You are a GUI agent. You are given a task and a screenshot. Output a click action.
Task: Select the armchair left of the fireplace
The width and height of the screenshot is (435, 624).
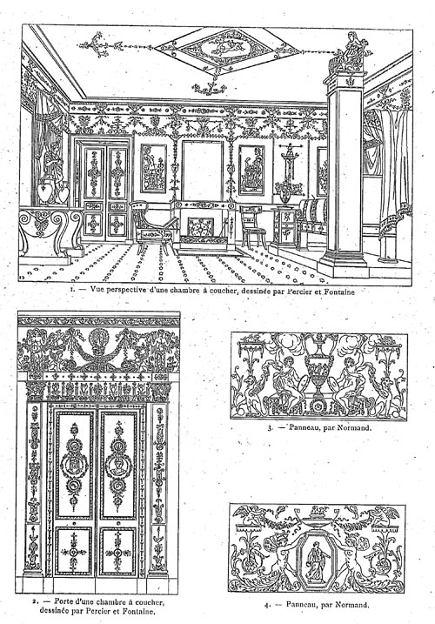[x=151, y=228]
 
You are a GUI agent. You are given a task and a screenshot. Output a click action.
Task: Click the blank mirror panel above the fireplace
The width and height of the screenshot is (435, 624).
[x=203, y=171]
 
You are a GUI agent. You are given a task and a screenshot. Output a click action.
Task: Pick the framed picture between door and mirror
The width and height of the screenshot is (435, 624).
[x=153, y=168]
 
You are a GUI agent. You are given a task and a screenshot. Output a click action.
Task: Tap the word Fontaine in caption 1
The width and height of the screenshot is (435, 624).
[x=339, y=292]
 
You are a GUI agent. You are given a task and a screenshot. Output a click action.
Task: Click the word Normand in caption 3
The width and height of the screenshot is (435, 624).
[x=354, y=428]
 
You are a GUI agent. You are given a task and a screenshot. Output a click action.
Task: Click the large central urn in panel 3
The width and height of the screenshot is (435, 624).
[x=318, y=370]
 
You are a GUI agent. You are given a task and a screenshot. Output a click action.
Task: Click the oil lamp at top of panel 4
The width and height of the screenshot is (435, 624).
[x=317, y=517]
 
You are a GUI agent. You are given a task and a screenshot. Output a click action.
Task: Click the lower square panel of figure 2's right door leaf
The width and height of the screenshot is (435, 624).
[x=117, y=552]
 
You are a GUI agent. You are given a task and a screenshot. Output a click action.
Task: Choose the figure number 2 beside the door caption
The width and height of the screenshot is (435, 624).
[x=35, y=601]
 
